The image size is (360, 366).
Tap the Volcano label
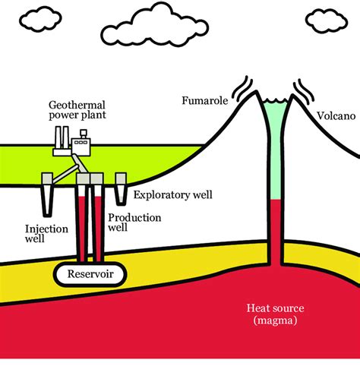tap(332, 117)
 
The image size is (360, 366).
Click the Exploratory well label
tap(172, 194)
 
